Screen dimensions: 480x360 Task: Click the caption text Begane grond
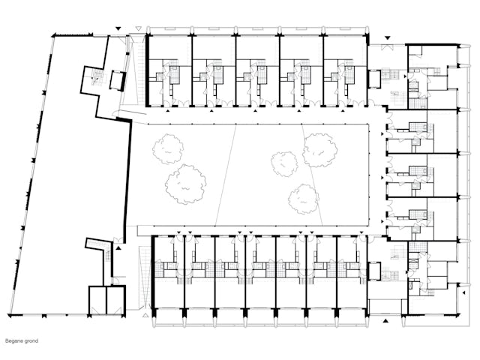22,340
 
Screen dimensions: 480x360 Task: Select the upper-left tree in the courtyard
168,148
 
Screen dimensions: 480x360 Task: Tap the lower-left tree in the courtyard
185,184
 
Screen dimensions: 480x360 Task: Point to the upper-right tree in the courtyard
320,150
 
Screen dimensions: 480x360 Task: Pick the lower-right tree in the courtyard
303,199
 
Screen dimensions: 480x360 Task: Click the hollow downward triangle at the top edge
138,28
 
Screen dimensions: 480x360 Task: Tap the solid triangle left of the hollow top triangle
118,28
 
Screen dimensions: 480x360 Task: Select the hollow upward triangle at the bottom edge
145,315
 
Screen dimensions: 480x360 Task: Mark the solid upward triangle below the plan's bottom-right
385,320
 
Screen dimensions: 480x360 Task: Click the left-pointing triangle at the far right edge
463,292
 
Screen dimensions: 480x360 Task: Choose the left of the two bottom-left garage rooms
97,300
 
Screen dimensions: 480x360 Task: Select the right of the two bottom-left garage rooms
115,300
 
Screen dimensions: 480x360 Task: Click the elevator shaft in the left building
118,80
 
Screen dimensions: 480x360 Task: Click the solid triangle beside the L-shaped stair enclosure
118,248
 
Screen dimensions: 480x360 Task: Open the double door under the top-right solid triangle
387,47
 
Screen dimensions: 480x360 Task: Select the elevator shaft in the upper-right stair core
373,79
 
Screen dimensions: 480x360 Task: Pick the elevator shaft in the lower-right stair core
373,271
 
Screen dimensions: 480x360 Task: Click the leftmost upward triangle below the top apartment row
168,111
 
